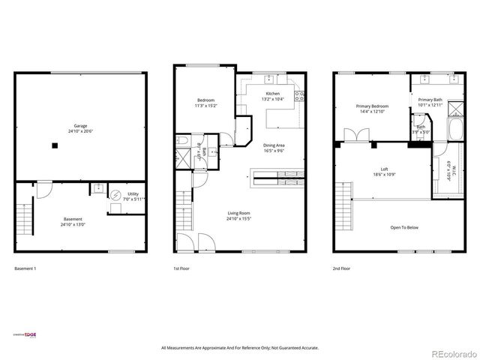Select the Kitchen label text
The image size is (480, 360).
(272, 94)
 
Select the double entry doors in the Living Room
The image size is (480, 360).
(193, 241)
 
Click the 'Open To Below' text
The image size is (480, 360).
(404, 226)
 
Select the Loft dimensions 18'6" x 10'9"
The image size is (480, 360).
(383, 174)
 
